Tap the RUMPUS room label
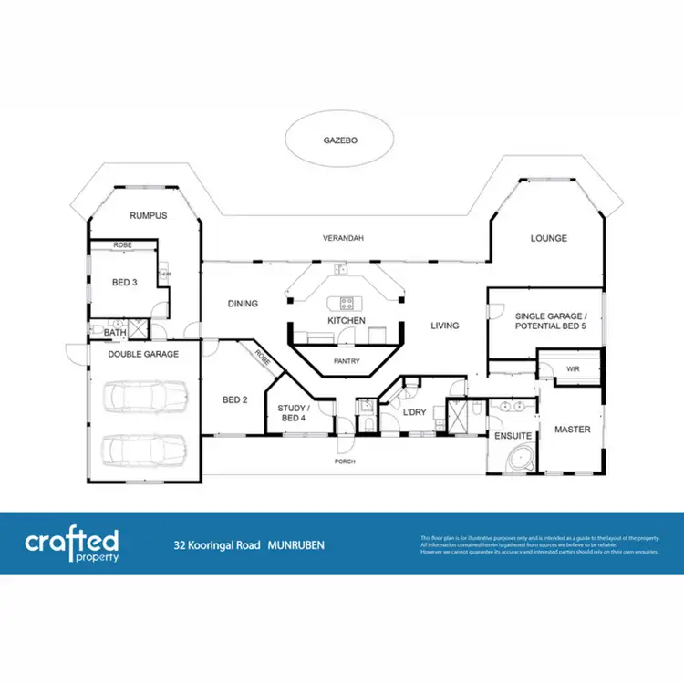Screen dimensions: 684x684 click(148, 216)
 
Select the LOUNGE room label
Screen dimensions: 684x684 click(549, 239)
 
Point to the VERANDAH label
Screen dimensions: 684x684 click(343, 238)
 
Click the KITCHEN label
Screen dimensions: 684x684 click(347, 321)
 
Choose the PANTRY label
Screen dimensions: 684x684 click(347, 361)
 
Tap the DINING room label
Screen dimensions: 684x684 click(243, 304)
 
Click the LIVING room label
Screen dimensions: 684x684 click(444, 326)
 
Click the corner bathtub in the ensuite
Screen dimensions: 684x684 click(520, 458)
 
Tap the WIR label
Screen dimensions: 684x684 click(573, 368)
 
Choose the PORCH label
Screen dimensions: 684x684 click(344, 461)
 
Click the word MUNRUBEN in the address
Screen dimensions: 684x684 click(296, 545)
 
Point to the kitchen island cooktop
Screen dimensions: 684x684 click(347, 303)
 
